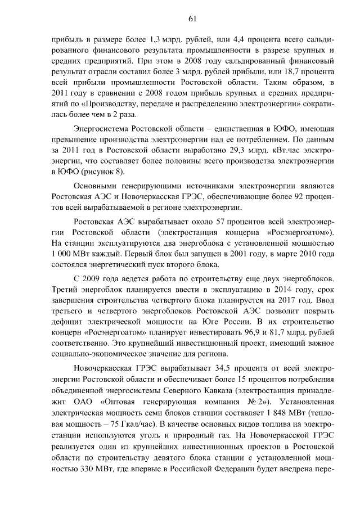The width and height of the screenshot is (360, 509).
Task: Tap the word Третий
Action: pyautogui.click(x=63, y=290)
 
